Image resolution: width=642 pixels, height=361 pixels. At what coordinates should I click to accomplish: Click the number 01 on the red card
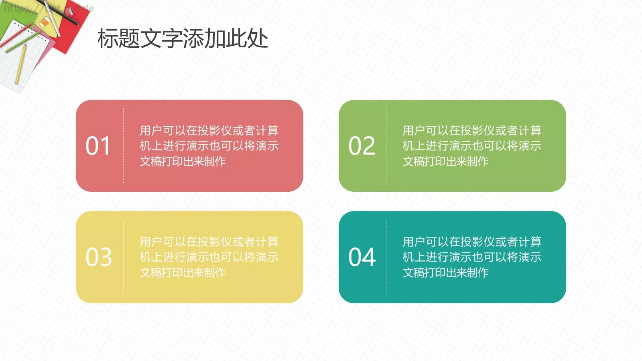[98, 146]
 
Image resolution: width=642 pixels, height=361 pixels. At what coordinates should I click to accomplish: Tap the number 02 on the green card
[362, 146]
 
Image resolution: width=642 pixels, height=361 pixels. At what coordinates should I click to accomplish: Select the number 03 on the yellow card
[98, 257]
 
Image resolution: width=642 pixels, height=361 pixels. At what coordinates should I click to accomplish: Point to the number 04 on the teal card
[362, 257]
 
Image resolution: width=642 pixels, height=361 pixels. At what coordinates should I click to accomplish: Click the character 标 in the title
[108, 39]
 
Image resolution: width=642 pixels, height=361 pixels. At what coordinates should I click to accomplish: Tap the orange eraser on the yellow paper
[45, 22]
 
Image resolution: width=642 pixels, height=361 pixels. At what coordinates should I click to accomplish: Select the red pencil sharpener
[70, 12]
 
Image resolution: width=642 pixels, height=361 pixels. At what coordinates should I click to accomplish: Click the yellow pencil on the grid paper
[20, 64]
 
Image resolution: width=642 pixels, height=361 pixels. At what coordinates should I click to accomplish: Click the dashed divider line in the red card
[123, 146]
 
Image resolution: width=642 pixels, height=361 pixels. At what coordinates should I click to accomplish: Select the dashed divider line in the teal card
[386, 257]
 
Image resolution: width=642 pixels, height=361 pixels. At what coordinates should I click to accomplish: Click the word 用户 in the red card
[151, 131]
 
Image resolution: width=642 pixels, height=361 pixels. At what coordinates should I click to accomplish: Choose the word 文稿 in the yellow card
[151, 273]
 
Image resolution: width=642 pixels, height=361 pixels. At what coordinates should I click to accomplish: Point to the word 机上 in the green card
[414, 146]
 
